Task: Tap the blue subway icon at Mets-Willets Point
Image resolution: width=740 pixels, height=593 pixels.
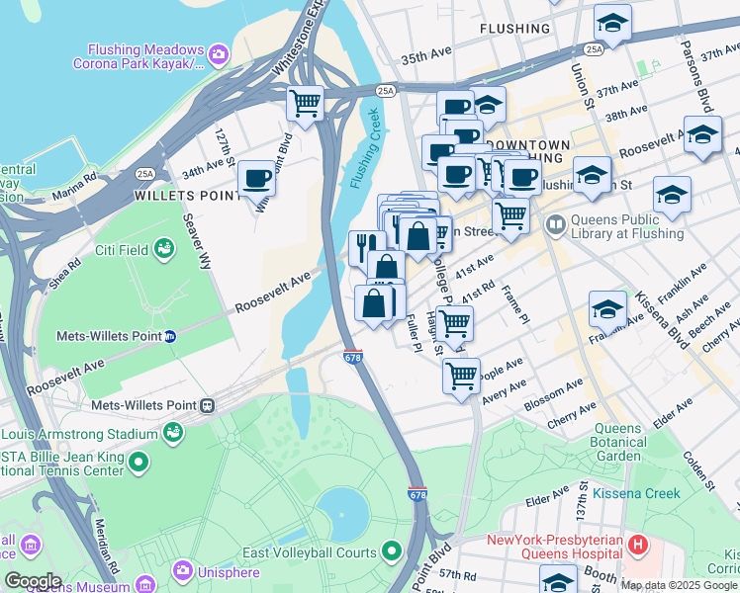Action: pyautogui.click(x=170, y=336)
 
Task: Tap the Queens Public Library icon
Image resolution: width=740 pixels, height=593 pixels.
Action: pyautogui.click(x=555, y=226)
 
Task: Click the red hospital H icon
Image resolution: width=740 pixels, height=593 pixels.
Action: pyautogui.click(x=639, y=543)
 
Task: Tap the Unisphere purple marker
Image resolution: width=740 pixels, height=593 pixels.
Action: pyautogui.click(x=182, y=570)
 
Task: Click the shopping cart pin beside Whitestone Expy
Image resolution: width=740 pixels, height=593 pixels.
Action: pyautogui.click(x=306, y=102)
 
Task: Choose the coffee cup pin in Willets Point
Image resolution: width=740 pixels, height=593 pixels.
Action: pyautogui.click(x=257, y=180)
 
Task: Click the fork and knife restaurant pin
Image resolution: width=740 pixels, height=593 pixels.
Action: pyautogui.click(x=365, y=246)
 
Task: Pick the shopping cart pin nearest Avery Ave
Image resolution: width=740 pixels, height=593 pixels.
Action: pyautogui.click(x=461, y=377)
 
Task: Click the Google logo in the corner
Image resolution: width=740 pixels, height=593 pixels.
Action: pyautogui.click(x=33, y=581)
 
